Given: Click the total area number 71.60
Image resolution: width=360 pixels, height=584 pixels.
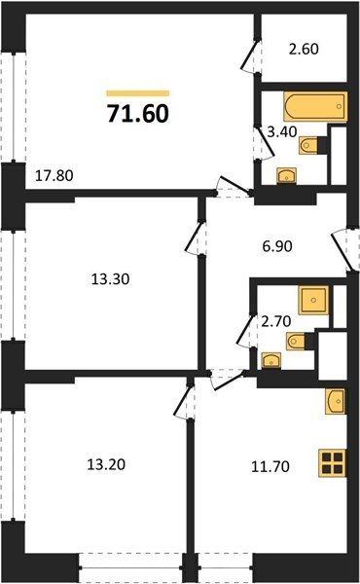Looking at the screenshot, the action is click(138, 113).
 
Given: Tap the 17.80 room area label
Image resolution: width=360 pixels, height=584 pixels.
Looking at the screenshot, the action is click(54, 175).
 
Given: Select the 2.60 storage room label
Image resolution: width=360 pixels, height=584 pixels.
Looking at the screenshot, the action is click(304, 50).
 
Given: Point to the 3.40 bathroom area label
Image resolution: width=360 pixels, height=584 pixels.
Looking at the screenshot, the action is click(282, 131).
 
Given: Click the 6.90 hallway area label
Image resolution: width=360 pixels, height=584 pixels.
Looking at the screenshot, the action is click(277, 246).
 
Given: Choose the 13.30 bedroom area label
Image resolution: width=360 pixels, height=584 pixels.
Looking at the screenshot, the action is click(110, 279).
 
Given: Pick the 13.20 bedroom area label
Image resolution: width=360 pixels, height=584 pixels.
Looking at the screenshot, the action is click(106, 464).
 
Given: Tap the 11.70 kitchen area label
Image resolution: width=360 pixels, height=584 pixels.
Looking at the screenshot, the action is click(270, 466).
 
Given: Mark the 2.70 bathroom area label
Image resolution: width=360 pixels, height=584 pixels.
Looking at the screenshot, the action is click(276, 321).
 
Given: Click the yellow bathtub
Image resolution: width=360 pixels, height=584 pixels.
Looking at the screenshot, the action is click(315, 106).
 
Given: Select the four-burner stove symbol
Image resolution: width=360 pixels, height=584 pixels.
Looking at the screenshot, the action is click(333, 463).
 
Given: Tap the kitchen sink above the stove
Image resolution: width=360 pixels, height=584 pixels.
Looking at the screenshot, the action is click(335, 401).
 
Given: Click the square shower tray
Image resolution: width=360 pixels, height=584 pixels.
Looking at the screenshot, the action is click(313, 300).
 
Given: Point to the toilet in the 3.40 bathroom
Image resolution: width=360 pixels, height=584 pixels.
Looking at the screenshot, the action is click(308, 145).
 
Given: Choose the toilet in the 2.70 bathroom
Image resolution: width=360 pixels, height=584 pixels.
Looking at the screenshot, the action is click(297, 341).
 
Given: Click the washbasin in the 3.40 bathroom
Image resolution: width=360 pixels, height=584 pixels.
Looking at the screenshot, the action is click(286, 176).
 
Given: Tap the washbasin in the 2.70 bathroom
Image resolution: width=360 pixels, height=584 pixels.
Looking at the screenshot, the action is click(271, 360).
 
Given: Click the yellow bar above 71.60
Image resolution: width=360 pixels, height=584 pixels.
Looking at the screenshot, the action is click(138, 93).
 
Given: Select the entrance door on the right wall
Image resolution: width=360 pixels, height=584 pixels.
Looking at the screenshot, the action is click(344, 249).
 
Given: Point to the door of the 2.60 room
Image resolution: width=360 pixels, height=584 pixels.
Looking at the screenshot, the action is click(250, 55).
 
